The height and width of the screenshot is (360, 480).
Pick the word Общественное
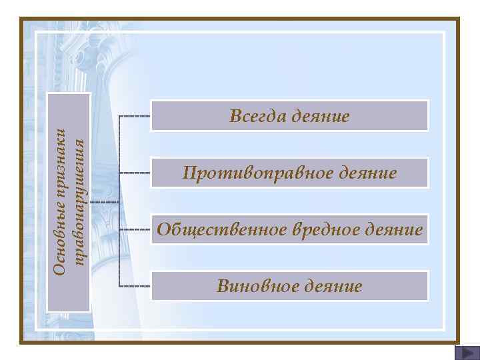pyautogui.click(x=221, y=230)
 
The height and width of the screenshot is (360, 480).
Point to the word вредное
pyautogui.click(x=325, y=230)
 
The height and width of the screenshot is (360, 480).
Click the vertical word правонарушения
pyautogui.click(x=79, y=203)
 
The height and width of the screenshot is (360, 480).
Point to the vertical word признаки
pyautogui.click(x=59, y=169)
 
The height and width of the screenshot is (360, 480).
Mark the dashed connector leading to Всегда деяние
pyautogui.click(x=135, y=116)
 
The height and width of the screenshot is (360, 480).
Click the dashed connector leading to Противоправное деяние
pyautogui.click(x=135, y=173)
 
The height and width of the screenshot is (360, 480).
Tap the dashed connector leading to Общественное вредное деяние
pyautogui.click(x=135, y=230)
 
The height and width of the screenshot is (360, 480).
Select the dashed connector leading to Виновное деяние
pyautogui.click(x=135, y=286)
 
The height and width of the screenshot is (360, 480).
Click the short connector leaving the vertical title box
pyautogui.click(x=104, y=201)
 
